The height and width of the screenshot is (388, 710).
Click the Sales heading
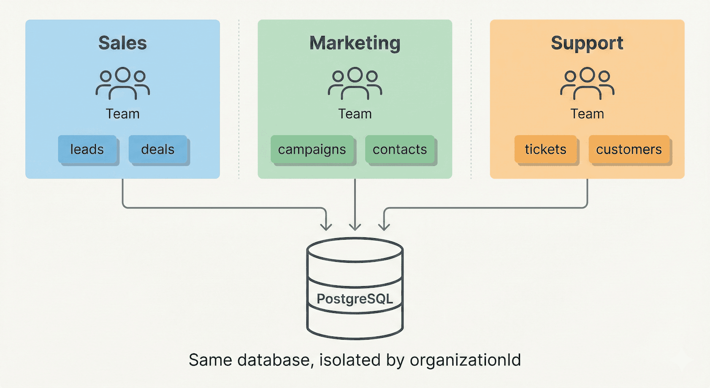click(122, 43)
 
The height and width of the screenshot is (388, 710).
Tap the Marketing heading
click(355, 43)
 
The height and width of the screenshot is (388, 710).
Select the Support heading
click(587, 43)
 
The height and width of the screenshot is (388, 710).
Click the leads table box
click(87, 149)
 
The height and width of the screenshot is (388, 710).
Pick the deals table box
click(158, 149)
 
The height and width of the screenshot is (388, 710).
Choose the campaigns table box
click(312, 149)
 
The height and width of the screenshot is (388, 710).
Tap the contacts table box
click(399, 149)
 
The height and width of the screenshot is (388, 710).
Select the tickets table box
click(545, 149)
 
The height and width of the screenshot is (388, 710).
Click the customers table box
click(629, 149)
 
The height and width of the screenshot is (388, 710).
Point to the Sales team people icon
click(122, 83)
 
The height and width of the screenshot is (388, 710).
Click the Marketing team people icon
click(355, 83)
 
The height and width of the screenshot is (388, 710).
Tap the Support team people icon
click(587, 83)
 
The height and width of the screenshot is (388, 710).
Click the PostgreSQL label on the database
click(355, 299)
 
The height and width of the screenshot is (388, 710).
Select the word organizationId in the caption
click(465, 360)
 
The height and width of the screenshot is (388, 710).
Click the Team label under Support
click(587, 114)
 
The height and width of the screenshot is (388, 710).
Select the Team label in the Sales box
click(122, 114)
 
